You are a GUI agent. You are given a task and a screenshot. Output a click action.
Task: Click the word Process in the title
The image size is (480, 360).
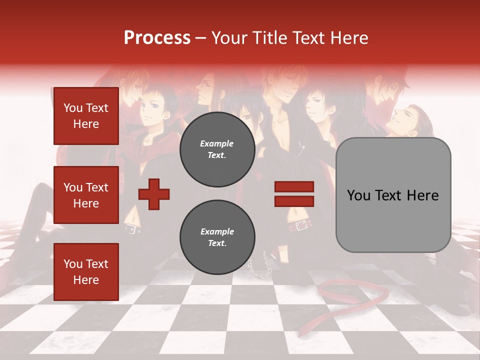click(x=157, y=38)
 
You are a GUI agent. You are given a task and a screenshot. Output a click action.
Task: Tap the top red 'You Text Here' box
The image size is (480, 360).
click(x=86, y=116)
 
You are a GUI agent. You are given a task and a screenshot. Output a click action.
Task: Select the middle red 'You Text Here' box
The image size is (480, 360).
click(x=86, y=195)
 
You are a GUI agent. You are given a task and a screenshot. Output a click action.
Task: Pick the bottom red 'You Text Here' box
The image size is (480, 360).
click(x=86, y=272)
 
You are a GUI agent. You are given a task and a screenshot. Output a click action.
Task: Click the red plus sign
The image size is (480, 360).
click(x=154, y=194)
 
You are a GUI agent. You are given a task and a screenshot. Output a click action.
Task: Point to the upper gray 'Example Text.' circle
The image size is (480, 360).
click(x=217, y=149)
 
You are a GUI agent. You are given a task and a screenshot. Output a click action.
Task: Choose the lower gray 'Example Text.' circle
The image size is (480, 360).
click(x=217, y=237)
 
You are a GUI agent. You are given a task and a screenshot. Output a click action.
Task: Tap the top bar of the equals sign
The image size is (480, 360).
click(x=294, y=187)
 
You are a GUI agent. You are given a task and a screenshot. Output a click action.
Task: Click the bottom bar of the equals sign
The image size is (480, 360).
click(x=294, y=201)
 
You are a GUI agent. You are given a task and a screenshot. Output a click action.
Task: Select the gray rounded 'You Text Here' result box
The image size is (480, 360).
click(x=393, y=195)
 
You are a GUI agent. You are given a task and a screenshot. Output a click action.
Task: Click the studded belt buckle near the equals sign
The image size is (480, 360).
click(x=301, y=225)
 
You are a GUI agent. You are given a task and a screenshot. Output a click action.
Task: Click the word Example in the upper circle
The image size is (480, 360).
click(x=217, y=143)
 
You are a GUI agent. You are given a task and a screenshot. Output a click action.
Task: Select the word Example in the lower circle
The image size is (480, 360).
click(x=217, y=231)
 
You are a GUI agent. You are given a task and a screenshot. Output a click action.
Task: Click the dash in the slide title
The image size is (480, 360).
click(x=200, y=38)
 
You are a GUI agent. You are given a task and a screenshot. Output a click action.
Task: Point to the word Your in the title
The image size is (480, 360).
click(x=228, y=38)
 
